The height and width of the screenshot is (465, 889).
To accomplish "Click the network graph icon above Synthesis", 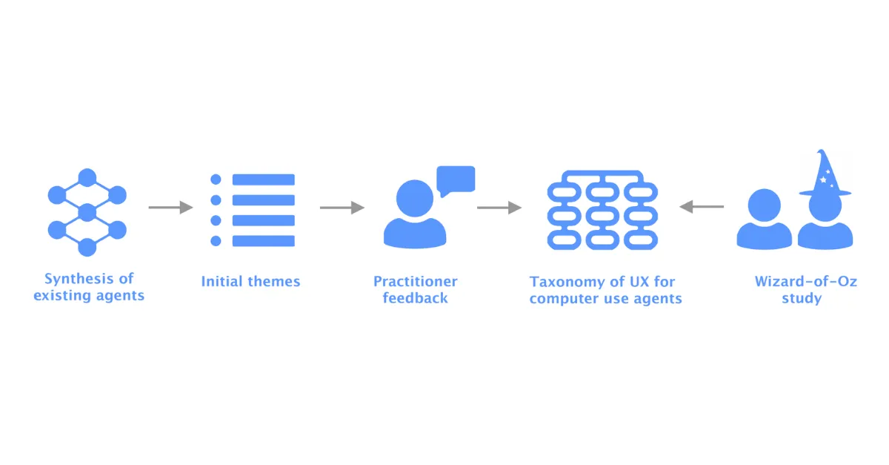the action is pos(87,212).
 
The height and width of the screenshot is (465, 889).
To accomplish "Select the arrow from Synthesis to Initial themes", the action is pos(170,207).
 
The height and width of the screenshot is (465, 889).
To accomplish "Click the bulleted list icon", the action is pos(253,210).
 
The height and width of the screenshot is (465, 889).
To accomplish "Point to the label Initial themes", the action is pos(250,281).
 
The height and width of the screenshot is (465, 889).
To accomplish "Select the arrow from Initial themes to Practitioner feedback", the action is pos(342,207).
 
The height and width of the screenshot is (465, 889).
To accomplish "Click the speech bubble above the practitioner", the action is pos(456,181).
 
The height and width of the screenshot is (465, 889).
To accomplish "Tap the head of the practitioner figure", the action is pos(415,198).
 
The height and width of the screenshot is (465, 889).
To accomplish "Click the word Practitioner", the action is pos(415,281).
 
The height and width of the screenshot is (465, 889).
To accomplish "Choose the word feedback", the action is pos(415,298).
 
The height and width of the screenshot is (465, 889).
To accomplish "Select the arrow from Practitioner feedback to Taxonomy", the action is pos(499,207).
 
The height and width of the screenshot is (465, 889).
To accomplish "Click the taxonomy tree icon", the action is pos(602,210).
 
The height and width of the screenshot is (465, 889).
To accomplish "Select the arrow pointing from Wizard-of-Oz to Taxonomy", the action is pos(702,207).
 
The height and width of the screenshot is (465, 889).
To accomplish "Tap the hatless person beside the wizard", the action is pos(764,219).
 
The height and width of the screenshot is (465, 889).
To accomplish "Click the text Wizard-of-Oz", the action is pos(806,281).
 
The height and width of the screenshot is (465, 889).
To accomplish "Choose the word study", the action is pos(802,298).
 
